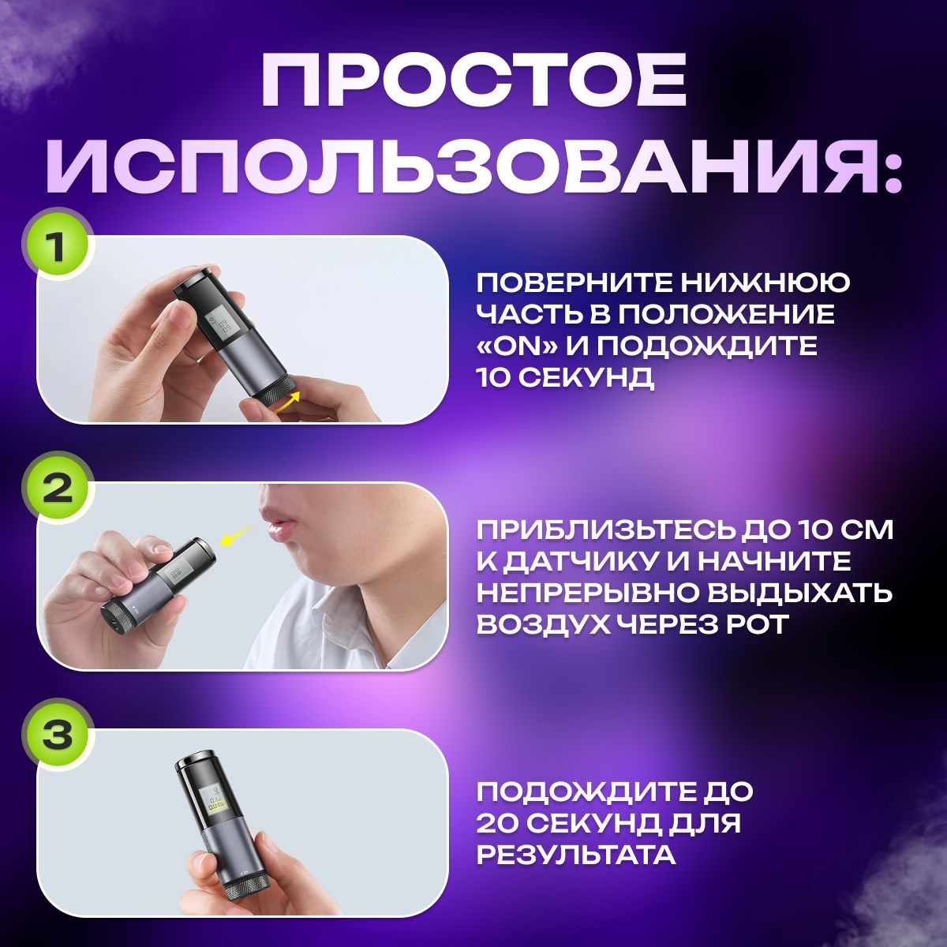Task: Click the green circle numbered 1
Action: click(58, 248)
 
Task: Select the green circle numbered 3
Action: click(58, 738)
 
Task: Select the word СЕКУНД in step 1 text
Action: click(587, 379)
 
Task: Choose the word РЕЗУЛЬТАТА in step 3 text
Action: click(576, 855)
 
